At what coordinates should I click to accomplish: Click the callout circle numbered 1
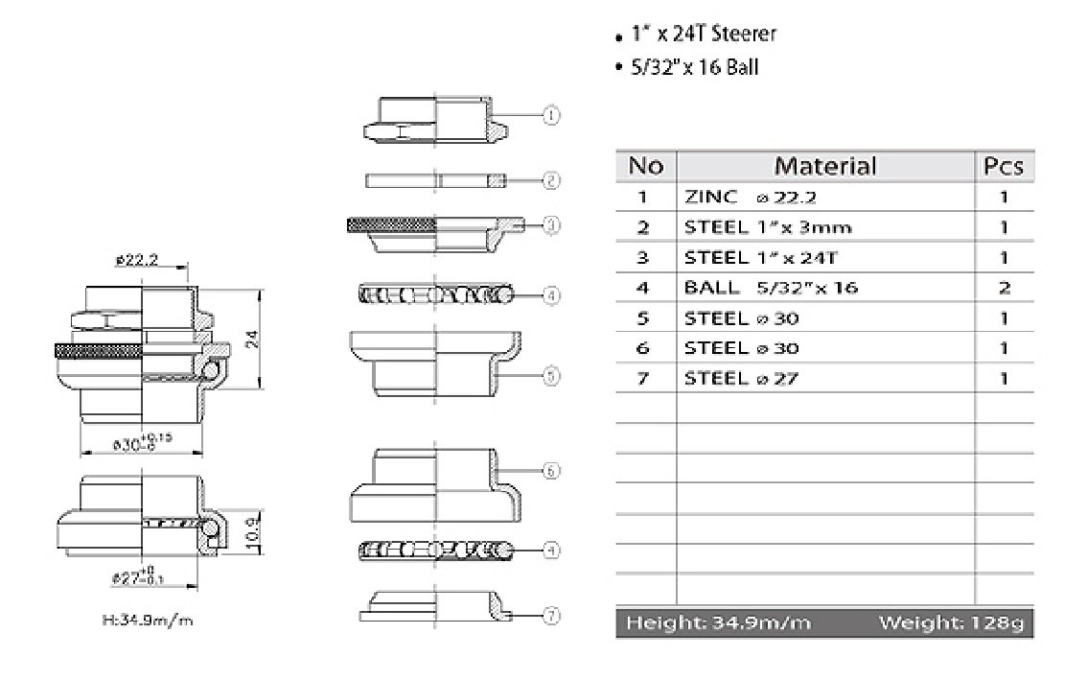[551, 115]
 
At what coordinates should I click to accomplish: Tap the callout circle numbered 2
[551, 179]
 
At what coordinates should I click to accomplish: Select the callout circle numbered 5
[551, 376]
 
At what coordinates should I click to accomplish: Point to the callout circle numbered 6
[551, 471]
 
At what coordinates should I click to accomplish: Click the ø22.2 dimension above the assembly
[136, 259]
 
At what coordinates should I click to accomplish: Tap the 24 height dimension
[253, 338]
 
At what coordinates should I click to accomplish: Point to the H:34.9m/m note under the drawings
[148, 620]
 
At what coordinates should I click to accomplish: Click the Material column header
[824, 166]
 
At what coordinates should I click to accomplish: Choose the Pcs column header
[1004, 166]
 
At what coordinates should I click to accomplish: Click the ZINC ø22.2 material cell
[742, 197]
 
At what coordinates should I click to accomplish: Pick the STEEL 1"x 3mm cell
[768, 227]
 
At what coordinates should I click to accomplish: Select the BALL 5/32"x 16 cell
[771, 287]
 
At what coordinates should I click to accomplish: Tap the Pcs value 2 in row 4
[1004, 287]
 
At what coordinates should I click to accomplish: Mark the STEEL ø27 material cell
[741, 378]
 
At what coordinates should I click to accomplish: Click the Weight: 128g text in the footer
[951, 623]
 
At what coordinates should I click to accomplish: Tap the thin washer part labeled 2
[436, 180]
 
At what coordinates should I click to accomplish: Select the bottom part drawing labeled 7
[436, 608]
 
